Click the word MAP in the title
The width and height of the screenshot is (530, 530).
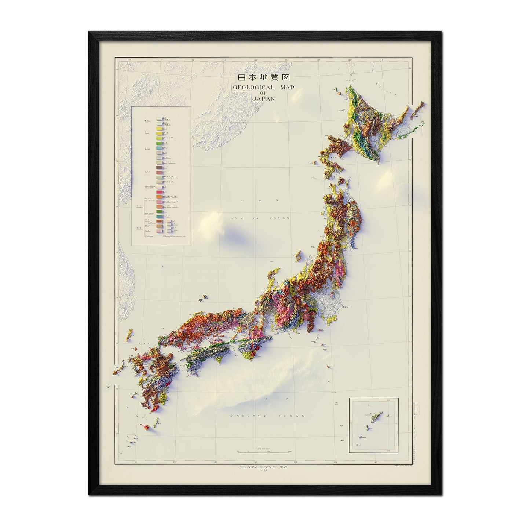click(x=287, y=88)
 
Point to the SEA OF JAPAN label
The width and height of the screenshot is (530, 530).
click(x=260, y=218)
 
